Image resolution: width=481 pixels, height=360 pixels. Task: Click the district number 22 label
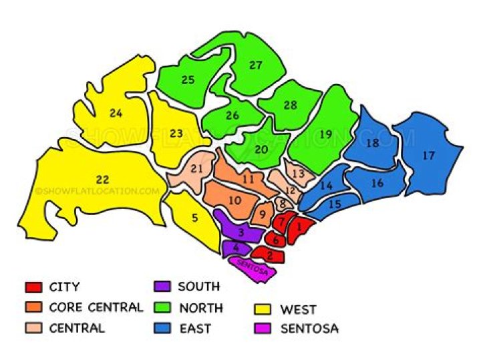pos(102,180)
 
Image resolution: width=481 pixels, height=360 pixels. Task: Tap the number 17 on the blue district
pos(428,155)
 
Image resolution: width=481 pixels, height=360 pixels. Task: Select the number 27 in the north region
pos(256,65)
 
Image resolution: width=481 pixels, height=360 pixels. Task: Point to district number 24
pos(116,113)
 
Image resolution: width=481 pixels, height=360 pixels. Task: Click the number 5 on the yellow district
pos(194,217)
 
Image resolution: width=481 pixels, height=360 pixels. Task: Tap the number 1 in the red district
pos(300,228)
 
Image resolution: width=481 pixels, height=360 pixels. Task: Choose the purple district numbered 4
pos(236,248)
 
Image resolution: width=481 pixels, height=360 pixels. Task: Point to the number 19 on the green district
pos(325,134)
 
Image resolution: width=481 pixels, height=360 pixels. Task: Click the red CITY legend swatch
pos(33,288)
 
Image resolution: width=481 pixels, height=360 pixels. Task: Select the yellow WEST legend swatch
pos(265,310)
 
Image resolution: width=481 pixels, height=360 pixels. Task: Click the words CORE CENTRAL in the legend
pos(96,308)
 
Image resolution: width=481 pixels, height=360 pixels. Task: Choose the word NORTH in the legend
pos(200,308)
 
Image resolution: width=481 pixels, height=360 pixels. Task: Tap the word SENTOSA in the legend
pos(309,329)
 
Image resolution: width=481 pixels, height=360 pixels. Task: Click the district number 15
pos(335,204)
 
